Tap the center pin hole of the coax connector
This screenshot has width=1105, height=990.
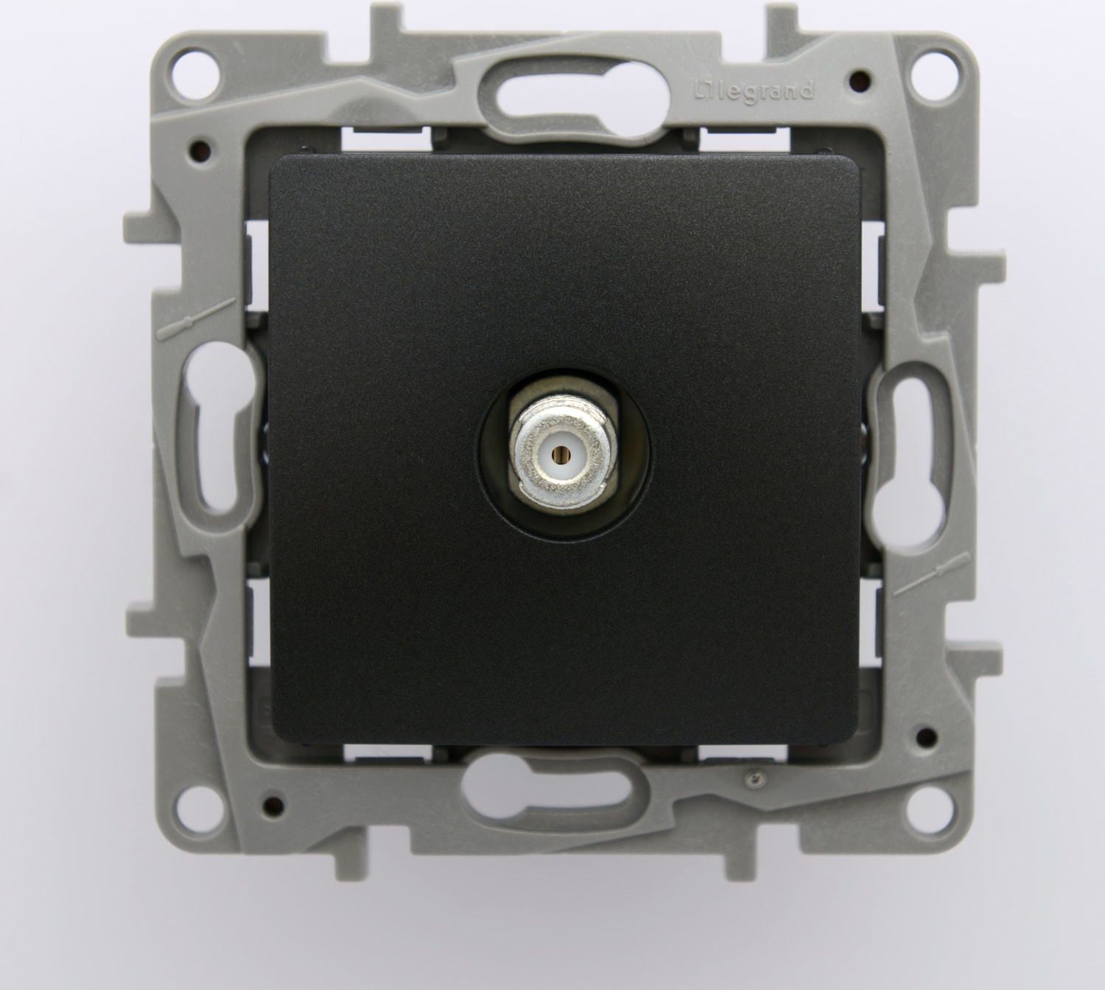point(558,453)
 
